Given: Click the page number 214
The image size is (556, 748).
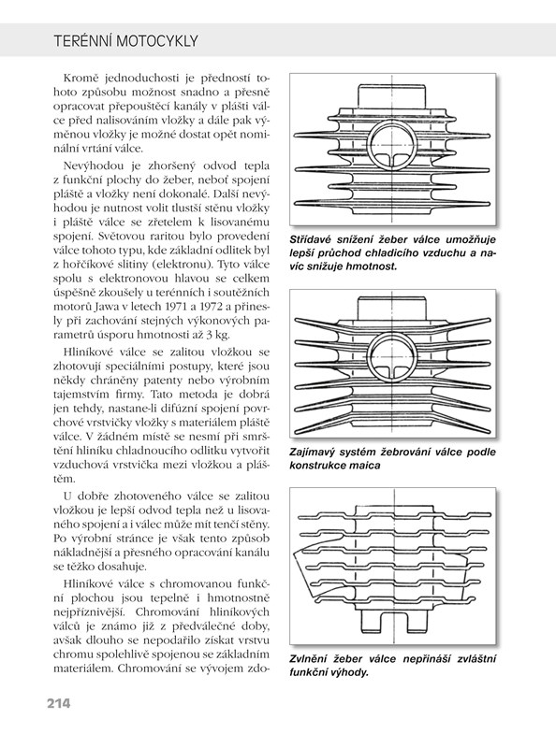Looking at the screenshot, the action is pyautogui.click(x=58, y=703).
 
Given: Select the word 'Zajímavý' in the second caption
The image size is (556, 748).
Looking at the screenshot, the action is pyautogui.click(x=313, y=452).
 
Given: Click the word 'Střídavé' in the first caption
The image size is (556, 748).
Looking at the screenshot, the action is pyautogui.click(x=311, y=239).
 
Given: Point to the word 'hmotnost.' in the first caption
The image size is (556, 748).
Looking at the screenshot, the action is pyautogui.click(x=373, y=266).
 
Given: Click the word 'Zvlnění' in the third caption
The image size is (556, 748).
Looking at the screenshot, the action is pyautogui.click(x=309, y=659).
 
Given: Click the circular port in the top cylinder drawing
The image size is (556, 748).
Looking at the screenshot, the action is pyautogui.click(x=391, y=145).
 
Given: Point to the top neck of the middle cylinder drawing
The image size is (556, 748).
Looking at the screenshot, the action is pyautogui.click(x=391, y=308).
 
